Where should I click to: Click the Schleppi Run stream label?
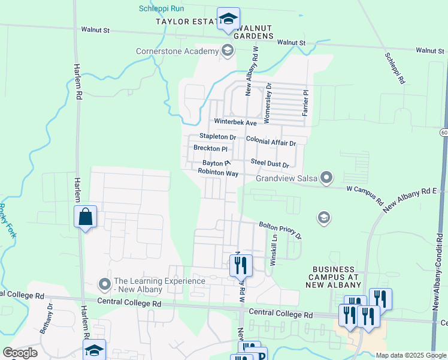pyautogui.click(x=161, y=8)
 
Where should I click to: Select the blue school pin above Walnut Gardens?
pyautogui.click(x=228, y=20)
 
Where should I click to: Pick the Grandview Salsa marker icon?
pyautogui.click(x=326, y=177)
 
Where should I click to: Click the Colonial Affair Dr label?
pyautogui.click(x=271, y=143)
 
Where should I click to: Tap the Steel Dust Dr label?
pyautogui.click(x=270, y=163)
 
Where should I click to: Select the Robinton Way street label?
pyautogui.click(x=219, y=173)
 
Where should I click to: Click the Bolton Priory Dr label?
pyautogui.click(x=280, y=230)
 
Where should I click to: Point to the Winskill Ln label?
pyautogui.click(x=273, y=250)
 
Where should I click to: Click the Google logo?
pyautogui.click(x=20, y=352)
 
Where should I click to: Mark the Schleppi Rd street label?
pyautogui.click(x=395, y=67)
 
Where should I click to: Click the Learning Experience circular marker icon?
pyautogui.click(x=104, y=283)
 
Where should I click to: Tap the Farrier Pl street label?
pyautogui.click(x=305, y=103)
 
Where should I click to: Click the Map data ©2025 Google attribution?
pyautogui.click(x=410, y=355)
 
